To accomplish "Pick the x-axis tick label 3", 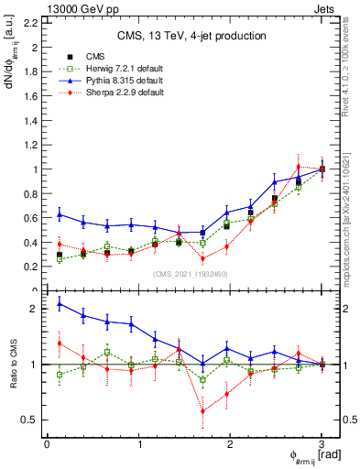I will tap(322, 444).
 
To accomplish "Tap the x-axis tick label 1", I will tap(138, 444).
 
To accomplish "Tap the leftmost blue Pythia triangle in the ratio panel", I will tap(60, 303).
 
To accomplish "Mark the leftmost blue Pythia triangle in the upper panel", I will tap(60, 214).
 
